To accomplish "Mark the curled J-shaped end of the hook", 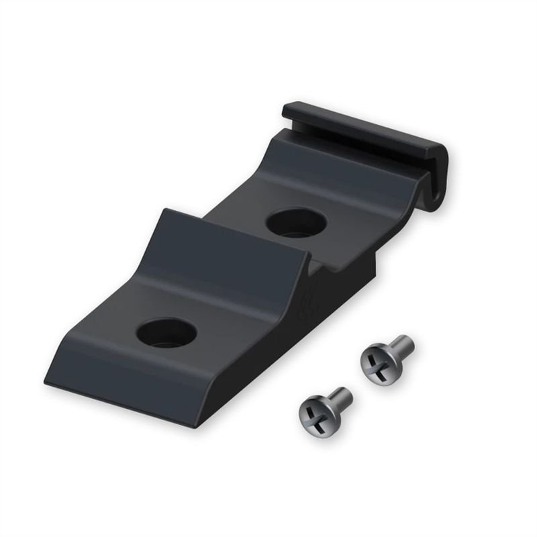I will pos(440,181).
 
